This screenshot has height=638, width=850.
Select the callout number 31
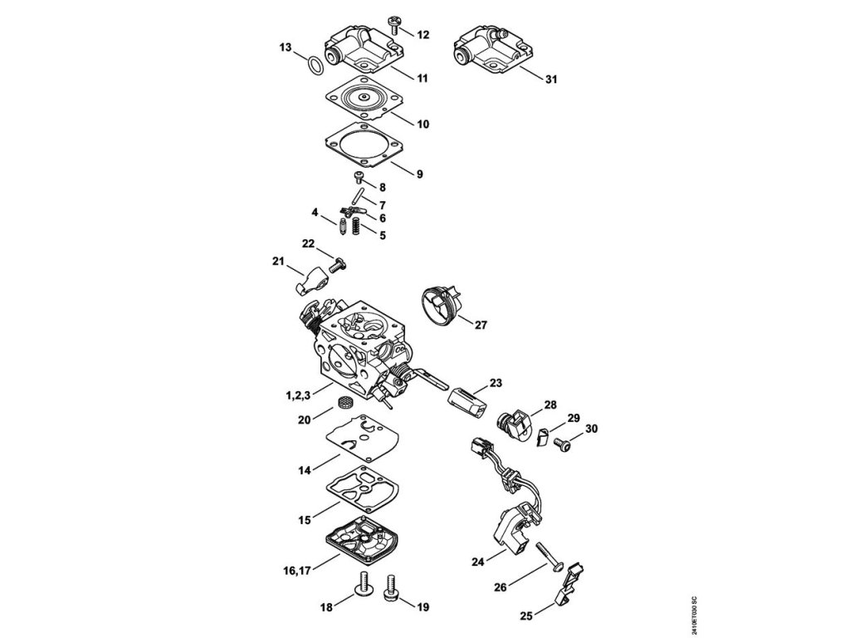[x=551, y=80]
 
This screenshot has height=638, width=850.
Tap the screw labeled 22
[x=337, y=265]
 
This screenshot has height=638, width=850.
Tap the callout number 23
[x=496, y=383]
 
